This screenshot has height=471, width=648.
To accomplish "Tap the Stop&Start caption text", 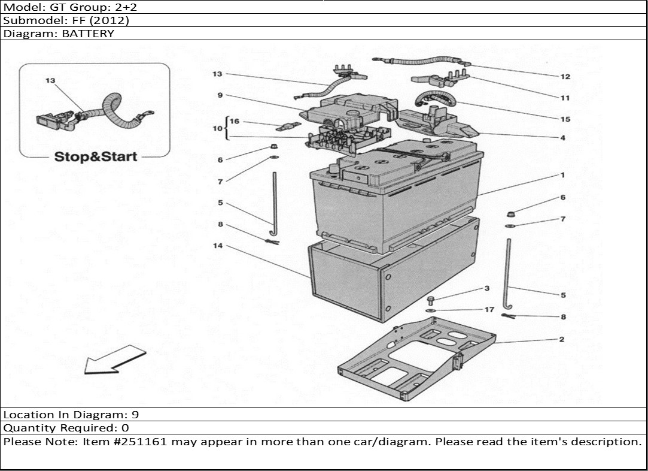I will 96,157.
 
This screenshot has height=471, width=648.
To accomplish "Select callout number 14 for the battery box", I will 217,246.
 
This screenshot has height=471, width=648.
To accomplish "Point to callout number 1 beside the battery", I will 562,176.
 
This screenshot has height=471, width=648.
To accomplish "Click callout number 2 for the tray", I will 561,340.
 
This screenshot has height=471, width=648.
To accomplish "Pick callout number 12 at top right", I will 565,77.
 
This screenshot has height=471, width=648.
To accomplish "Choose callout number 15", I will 565,119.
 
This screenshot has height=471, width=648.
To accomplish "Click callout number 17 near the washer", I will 489,310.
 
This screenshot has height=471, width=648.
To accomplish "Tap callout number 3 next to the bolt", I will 487,289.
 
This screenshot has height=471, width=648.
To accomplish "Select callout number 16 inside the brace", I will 235,122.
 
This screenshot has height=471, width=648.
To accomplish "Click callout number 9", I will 220,95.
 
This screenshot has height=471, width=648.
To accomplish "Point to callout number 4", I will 562,138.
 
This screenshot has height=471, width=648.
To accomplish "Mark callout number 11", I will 565,98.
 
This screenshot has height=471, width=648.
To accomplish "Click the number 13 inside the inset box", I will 50,80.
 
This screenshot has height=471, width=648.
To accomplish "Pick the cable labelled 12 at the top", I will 419,61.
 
